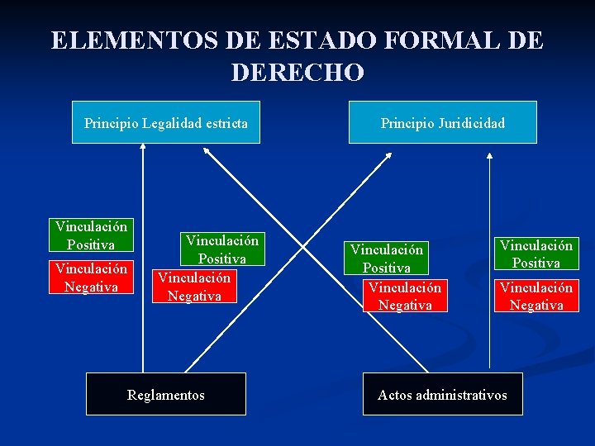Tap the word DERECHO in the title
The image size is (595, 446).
point(297,73)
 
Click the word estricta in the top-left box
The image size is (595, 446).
point(221,124)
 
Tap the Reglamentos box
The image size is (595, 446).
point(166,395)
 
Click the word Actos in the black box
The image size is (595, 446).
point(394,395)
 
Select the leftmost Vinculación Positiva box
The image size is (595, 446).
point(91,235)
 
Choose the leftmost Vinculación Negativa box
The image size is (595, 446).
point(91,278)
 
